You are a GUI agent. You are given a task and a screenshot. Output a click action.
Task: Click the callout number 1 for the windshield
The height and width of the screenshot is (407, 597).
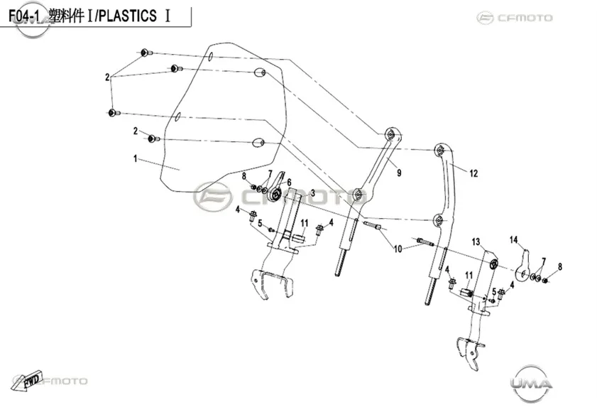135,158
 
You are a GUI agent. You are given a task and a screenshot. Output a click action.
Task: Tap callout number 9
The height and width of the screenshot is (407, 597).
399,173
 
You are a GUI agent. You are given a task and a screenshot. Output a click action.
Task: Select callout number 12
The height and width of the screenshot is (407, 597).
473,173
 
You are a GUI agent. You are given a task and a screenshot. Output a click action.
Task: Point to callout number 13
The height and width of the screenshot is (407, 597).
476,242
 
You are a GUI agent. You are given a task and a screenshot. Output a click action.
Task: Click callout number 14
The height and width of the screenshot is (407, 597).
514,239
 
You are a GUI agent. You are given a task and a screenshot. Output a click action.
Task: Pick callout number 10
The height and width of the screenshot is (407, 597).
398,249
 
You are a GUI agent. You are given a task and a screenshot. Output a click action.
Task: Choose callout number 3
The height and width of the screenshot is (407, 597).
312,193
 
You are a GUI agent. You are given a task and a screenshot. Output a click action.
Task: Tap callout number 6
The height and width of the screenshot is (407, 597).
289,183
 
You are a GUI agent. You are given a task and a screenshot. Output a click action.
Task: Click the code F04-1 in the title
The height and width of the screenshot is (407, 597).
24,16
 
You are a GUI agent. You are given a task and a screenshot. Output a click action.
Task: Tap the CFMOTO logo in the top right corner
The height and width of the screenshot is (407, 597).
515,18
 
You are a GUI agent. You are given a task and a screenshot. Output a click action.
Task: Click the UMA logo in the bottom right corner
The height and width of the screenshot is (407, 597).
531,383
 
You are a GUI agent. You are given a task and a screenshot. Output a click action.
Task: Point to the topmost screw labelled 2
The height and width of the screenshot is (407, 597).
146,53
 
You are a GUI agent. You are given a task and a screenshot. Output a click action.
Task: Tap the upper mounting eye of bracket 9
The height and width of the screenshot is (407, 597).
390,134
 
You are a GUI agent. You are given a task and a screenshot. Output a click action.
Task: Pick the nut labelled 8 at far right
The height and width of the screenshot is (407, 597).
545,281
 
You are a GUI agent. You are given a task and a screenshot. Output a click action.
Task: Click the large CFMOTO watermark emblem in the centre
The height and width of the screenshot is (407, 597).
212,196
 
